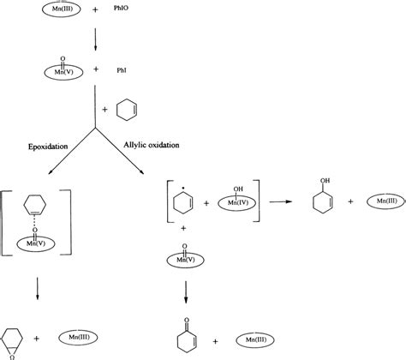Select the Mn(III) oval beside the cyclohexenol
(x=379, y=204)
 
